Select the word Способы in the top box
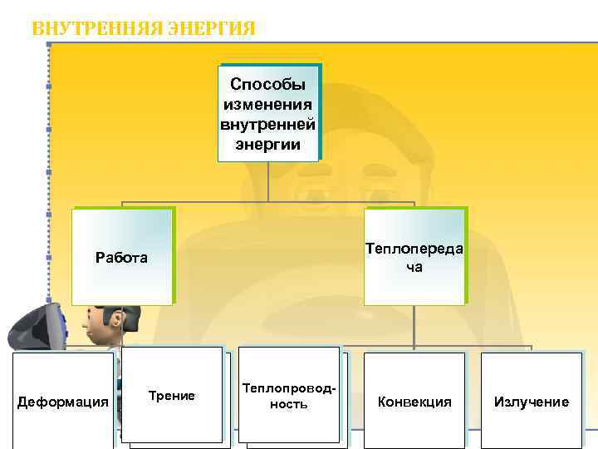[267, 84]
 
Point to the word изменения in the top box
[267, 104]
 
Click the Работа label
[121, 257]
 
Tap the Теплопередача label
[414, 257]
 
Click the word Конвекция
[414, 402]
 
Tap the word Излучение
[532, 402]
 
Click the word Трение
[172, 396]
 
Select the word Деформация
[63, 402]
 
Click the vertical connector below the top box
[268, 181]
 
